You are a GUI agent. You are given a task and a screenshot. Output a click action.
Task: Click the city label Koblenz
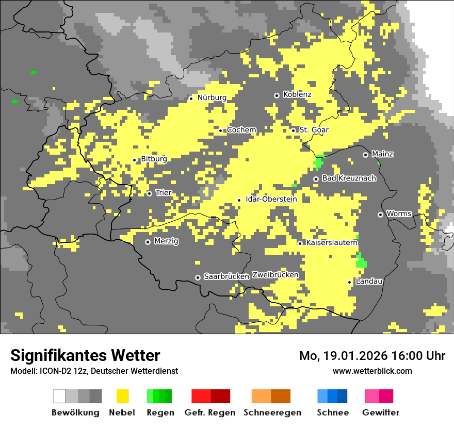click(297, 94)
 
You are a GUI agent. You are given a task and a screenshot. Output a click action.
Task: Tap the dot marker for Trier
click(149, 193)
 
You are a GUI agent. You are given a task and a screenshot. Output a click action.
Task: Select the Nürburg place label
click(212, 97)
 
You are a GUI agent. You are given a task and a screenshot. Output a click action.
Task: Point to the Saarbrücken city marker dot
click(198, 277)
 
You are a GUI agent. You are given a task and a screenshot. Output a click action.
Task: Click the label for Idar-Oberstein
click(270, 199)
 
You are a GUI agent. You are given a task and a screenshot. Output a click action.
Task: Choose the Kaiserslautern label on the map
click(332, 242)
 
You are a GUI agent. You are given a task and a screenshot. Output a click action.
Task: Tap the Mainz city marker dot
click(365, 155)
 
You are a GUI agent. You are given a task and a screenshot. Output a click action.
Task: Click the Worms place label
click(399, 213)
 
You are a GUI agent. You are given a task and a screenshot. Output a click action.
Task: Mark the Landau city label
click(369, 281)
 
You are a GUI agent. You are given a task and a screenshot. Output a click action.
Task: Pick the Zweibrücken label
click(275, 275)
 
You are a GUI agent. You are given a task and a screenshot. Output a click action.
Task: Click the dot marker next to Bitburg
click(134, 160)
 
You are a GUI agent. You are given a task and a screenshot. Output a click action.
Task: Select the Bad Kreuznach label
click(349, 178)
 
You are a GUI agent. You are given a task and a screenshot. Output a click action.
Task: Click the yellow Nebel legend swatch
click(122, 396)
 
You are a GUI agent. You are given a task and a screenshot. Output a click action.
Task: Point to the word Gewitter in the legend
click(380, 413)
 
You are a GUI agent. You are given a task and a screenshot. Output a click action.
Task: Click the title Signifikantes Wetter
click(85, 355)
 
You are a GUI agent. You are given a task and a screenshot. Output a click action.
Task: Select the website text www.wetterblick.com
click(372, 371)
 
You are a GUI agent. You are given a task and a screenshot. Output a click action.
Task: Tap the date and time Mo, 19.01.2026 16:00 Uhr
click(372, 356)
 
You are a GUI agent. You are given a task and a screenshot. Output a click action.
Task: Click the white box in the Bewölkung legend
click(59, 396)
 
